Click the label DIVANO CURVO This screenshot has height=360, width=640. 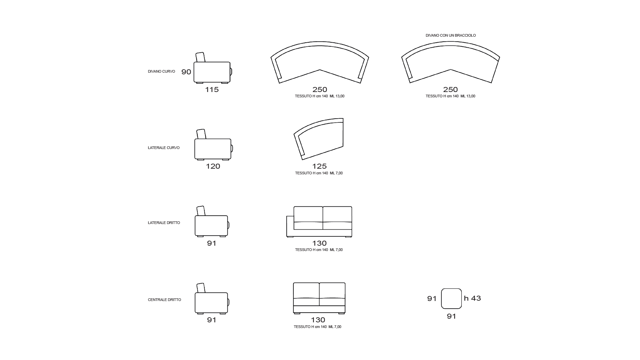161,72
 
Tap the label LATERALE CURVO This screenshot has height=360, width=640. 164,148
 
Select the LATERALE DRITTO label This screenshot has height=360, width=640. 164,223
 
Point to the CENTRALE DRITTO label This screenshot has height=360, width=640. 165,300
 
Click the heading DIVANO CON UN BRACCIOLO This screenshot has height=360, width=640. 451,35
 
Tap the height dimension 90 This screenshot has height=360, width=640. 186,72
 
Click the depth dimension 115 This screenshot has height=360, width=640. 212,90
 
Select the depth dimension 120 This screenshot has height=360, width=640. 213,166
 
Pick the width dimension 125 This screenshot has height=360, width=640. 319,166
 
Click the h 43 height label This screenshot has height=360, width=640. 473,298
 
